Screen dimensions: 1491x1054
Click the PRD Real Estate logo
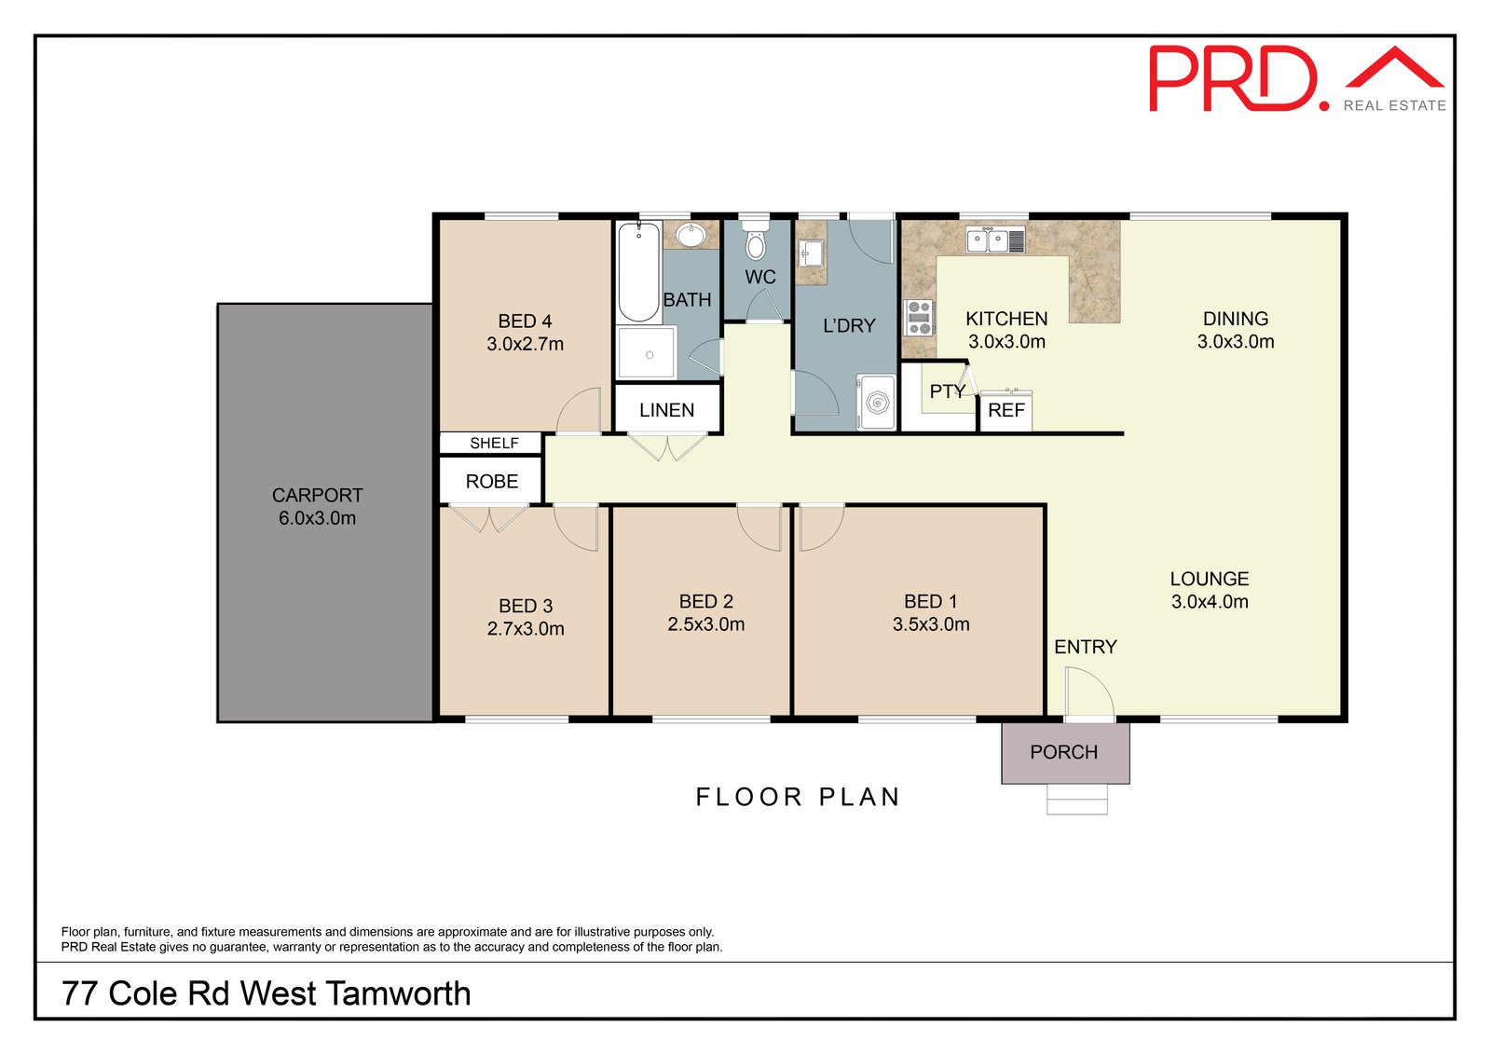[x=1296, y=78]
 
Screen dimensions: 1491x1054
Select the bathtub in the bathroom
[x=639, y=272]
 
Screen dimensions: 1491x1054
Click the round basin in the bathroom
[x=691, y=235]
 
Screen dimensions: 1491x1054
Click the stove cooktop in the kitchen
[x=920, y=318]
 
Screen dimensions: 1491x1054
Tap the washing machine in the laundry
[x=876, y=403]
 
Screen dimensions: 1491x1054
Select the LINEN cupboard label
[x=667, y=410]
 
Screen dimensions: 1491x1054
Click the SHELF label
[x=494, y=444]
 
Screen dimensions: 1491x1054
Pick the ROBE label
[x=492, y=482]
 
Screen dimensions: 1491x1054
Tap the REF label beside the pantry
[x=1005, y=410]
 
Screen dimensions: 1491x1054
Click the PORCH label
[x=1063, y=752]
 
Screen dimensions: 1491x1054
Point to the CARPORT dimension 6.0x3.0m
[x=317, y=518]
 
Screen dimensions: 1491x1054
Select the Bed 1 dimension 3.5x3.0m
[x=931, y=624]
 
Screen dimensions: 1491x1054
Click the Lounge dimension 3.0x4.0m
[x=1210, y=602]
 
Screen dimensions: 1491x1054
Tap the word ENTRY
[x=1086, y=647]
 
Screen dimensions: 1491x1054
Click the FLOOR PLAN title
[x=798, y=797]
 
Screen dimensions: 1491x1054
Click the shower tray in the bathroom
[x=647, y=353]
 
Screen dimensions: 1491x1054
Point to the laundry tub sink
[x=812, y=253]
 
